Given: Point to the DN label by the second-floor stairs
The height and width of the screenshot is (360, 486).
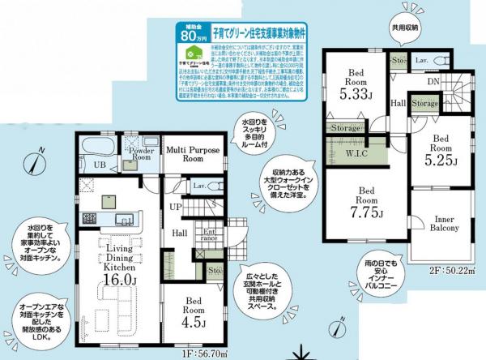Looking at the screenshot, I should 434,81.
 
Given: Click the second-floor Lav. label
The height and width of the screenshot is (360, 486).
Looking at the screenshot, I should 422,61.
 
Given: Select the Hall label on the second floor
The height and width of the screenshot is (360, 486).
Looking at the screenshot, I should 399,104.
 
